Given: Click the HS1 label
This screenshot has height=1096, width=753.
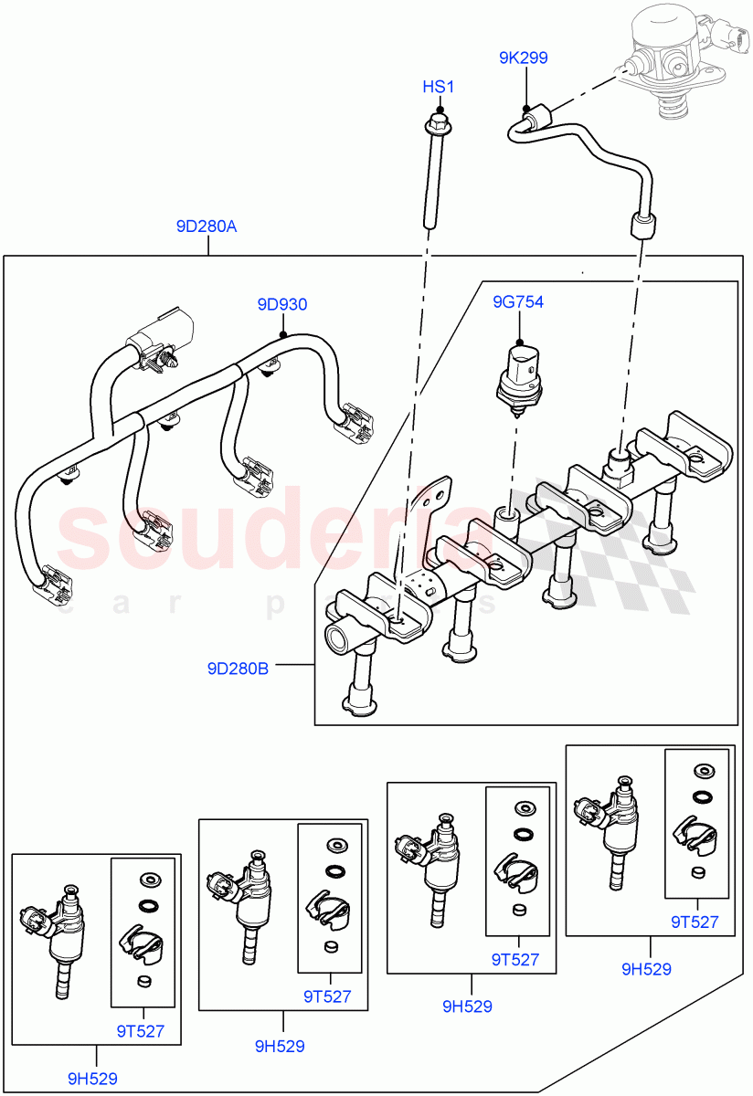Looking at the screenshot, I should tap(438, 87).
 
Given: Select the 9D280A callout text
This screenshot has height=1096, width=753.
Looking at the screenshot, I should tap(207, 226).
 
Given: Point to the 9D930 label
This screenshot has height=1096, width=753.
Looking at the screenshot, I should tap(281, 305).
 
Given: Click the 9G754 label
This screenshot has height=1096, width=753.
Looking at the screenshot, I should tap(518, 301).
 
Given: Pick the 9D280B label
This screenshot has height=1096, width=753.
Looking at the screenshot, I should tap(238, 669).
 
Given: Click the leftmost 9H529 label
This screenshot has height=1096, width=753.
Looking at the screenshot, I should tap(92, 1079).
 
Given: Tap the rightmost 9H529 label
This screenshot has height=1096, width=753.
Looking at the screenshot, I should tap(646, 969).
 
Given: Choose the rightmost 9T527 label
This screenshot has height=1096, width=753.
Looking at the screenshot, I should tap(695, 922).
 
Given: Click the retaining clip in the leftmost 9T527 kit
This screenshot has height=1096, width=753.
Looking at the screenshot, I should tap(140, 942).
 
